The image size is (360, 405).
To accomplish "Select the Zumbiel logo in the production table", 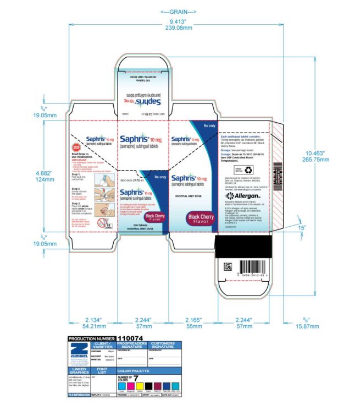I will tap(79, 353).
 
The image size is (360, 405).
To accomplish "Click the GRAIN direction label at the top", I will tap(178, 12).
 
